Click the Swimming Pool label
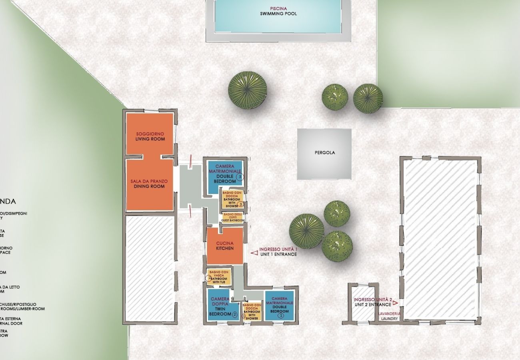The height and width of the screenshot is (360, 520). (278, 14)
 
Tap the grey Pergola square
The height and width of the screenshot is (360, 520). (324, 154)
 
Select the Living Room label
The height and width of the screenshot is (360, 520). (150, 139)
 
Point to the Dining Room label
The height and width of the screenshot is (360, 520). (149, 186)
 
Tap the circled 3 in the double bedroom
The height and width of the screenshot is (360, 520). (240, 176)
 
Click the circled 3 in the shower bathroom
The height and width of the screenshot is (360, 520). (240, 204)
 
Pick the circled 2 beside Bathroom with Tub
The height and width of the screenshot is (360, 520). (209, 278)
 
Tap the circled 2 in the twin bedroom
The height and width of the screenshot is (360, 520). (235, 315)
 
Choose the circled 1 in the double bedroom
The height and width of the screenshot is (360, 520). (280, 315)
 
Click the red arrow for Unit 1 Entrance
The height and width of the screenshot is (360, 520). (254, 252)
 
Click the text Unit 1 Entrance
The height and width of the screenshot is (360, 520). (278, 254)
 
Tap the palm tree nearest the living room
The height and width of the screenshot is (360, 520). (247, 90)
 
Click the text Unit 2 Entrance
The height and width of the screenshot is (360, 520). (372, 305)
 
